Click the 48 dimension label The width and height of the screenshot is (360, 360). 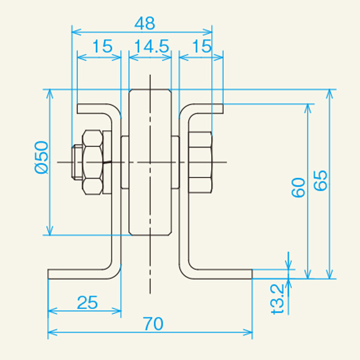pyautogui.click(x=145, y=23)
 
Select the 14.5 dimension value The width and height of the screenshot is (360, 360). pyautogui.click(x=152, y=46)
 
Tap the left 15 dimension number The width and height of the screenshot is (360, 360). pyautogui.click(x=103, y=46)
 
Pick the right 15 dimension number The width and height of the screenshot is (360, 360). pyautogui.click(x=202, y=46)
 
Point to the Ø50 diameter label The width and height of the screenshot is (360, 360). pyautogui.click(x=41, y=157)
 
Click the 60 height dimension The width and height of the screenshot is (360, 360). pyautogui.click(x=298, y=187)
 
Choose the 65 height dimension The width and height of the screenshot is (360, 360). pyautogui.click(x=320, y=180)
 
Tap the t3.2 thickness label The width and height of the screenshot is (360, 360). pyautogui.click(x=278, y=299)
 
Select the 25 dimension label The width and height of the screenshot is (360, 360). pyautogui.click(x=88, y=302)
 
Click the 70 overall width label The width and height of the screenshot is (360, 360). pyautogui.click(x=153, y=323)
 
